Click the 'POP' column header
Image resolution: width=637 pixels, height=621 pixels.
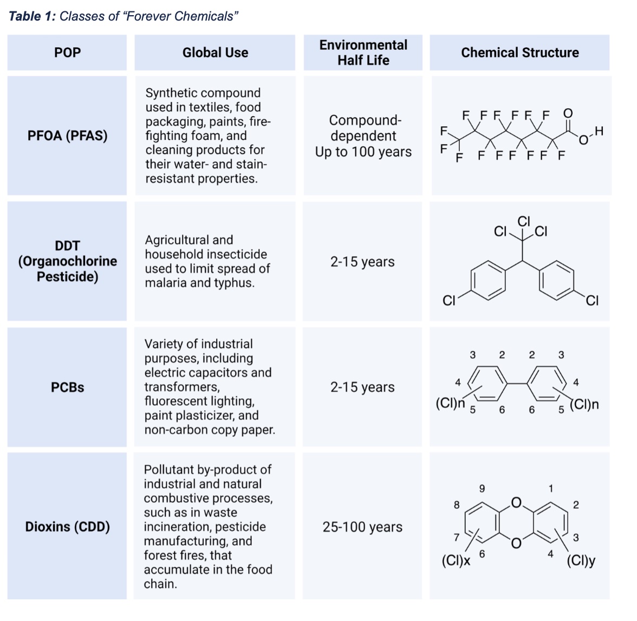click(67, 53)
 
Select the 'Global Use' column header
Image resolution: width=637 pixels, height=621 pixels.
click(215, 53)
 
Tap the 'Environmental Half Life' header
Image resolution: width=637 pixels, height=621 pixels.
click(363, 53)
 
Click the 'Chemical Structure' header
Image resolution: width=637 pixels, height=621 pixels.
click(519, 53)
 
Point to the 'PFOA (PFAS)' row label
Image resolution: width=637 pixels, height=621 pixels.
click(67, 135)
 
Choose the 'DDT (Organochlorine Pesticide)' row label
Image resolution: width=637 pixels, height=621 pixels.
click(67, 261)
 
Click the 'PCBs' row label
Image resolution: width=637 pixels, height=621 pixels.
click(67, 387)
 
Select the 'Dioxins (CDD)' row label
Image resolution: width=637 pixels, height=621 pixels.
click(67, 527)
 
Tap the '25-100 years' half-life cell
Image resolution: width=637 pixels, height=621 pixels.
click(362, 527)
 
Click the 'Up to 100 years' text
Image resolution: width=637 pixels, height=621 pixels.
click(363, 152)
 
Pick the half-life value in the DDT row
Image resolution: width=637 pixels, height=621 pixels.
click(362, 262)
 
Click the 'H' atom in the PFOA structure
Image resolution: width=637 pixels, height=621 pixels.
click(598, 131)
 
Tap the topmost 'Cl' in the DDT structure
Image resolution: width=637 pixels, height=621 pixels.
click(524, 221)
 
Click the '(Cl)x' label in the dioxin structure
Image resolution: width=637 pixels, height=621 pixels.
click(456, 560)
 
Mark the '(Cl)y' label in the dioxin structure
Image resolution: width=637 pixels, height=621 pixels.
click(581, 560)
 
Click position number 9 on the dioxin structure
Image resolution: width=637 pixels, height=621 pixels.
click(482, 489)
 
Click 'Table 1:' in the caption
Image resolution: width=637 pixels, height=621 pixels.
click(32, 16)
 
